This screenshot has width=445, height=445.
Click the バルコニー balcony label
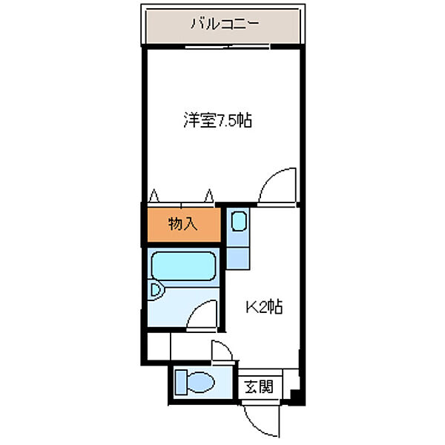pos(224,23)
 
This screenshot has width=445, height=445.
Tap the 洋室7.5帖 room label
pos(217,120)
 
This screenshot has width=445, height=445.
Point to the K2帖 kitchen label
pos(263,306)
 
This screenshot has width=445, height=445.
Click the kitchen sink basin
pos(238,222)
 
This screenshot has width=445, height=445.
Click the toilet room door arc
pos(221,352)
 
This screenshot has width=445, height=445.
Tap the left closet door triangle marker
pos(154,196)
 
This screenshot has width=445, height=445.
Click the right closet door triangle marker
pos(210,196)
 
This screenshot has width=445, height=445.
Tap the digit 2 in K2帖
pos(263,306)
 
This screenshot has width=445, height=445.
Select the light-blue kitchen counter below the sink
pos(237,252)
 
